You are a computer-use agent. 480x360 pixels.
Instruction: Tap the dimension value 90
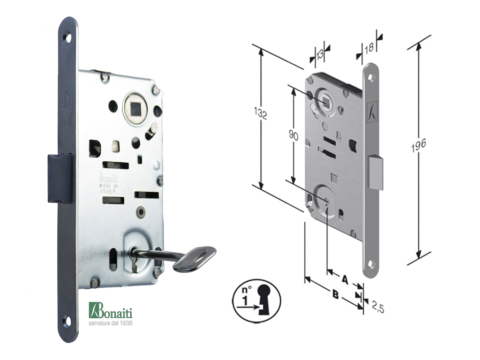tap(293, 135)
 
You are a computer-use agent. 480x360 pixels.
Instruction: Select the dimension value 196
tap(419, 145)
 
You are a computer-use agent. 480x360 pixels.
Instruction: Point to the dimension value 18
tap(369, 47)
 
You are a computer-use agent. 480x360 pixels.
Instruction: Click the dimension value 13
tap(319, 55)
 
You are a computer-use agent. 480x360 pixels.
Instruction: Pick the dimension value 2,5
tap(378, 307)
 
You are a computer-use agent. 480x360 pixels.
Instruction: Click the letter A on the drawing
tap(345, 279)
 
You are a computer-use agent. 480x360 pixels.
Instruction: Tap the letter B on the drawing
tap(336, 295)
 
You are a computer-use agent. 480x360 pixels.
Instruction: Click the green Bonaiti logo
tap(111, 311)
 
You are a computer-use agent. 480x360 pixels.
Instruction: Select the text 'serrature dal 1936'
tap(111, 323)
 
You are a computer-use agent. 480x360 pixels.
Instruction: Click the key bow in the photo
tap(195, 259)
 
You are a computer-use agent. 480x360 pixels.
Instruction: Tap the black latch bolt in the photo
tap(60, 179)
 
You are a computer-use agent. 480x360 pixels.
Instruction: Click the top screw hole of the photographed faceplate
tap(67, 38)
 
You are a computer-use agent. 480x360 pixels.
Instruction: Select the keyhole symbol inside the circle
tap(264, 299)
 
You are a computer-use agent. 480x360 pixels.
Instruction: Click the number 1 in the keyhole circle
tap(245, 300)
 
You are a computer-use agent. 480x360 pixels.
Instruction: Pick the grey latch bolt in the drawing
tap(375, 172)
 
